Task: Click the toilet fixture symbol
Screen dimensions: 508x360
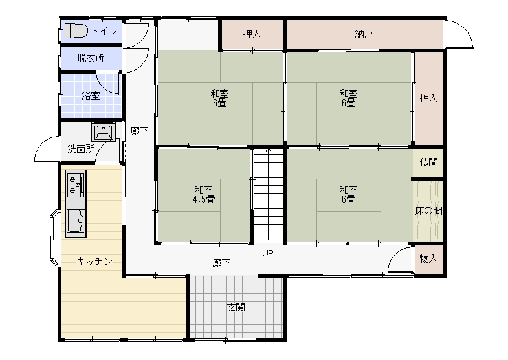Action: (x=76, y=31)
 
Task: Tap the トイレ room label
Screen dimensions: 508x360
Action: (x=104, y=31)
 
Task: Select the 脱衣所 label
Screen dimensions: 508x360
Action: (x=91, y=58)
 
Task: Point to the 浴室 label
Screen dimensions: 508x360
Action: (x=91, y=96)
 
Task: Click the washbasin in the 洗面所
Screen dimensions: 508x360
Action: (x=104, y=131)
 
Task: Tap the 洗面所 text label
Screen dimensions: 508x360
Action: (x=82, y=149)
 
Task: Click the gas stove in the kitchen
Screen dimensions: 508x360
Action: (x=76, y=184)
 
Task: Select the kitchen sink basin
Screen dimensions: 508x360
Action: (x=76, y=221)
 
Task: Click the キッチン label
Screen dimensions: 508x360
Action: (x=94, y=261)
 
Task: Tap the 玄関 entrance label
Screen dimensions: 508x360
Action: (x=236, y=307)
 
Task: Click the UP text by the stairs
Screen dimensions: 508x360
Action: (x=268, y=253)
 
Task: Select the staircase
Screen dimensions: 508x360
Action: (x=269, y=194)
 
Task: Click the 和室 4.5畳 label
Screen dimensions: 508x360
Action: (x=204, y=194)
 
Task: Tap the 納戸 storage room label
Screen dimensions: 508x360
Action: (x=364, y=34)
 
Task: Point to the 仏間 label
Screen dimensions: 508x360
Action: (x=428, y=162)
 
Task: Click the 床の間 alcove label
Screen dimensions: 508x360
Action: (x=428, y=210)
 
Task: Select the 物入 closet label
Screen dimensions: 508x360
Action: (x=428, y=258)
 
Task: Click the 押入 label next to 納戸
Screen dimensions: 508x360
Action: (x=252, y=34)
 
